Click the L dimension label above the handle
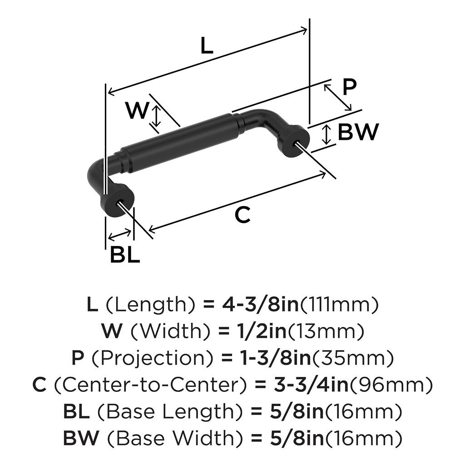pos(207,45)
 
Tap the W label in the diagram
pos(137,110)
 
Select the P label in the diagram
pos(349,87)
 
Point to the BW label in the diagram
pos(358,132)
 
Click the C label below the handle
pos(242,215)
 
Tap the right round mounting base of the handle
pos(294,142)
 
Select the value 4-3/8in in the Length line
pos(260,305)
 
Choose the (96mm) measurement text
pos(391,385)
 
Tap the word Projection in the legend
pos(153,358)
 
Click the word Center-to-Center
pos(150,385)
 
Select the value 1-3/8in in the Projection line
pos(275,358)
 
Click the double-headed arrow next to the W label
pos(156,116)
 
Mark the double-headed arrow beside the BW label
pos(326,134)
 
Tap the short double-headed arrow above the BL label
pos(120,235)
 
